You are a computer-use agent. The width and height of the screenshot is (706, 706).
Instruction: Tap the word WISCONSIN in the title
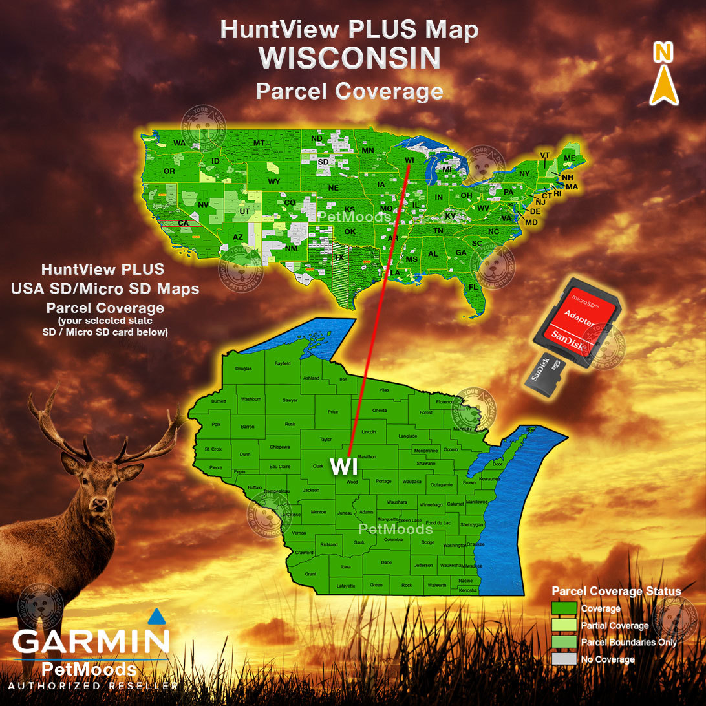[x=350, y=58]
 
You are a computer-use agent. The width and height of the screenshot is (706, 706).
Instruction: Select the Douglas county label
[x=243, y=369]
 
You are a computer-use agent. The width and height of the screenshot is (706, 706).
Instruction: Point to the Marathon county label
[x=367, y=456]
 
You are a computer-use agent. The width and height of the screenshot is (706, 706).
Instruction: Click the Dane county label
[x=386, y=562]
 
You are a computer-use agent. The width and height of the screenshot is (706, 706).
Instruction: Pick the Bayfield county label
[x=283, y=364]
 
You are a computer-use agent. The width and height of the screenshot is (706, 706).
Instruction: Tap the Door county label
[x=497, y=464]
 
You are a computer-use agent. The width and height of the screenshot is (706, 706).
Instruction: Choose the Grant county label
[x=310, y=573]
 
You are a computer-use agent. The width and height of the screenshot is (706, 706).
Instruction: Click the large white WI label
[x=344, y=466]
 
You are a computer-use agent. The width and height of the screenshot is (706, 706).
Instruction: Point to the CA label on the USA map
[x=183, y=223]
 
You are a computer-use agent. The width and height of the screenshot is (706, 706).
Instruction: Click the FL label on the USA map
[x=473, y=286]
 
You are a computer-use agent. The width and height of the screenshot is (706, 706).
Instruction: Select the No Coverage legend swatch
[x=564, y=659]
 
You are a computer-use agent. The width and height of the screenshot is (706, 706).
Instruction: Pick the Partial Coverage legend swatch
[x=564, y=625]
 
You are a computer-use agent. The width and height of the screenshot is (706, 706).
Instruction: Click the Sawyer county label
[x=290, y=400]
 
